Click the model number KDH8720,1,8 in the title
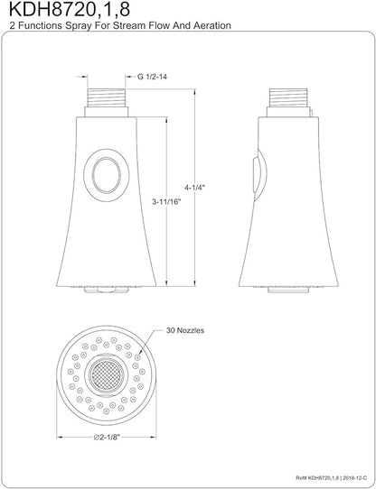click(x=70, y=10)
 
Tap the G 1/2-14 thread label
click(x=152, y=77)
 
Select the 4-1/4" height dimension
click(x=193, y=188)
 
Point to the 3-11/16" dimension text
click(x=166, y=202)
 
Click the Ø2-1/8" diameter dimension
click(x=108, y=437)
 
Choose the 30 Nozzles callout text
click(x=185, y=330)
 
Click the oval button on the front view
click(x=107, y=175)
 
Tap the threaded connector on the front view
click(x=107, y=97)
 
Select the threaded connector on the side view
click(x=288, y=97)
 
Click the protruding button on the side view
click(x=259, y=175)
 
